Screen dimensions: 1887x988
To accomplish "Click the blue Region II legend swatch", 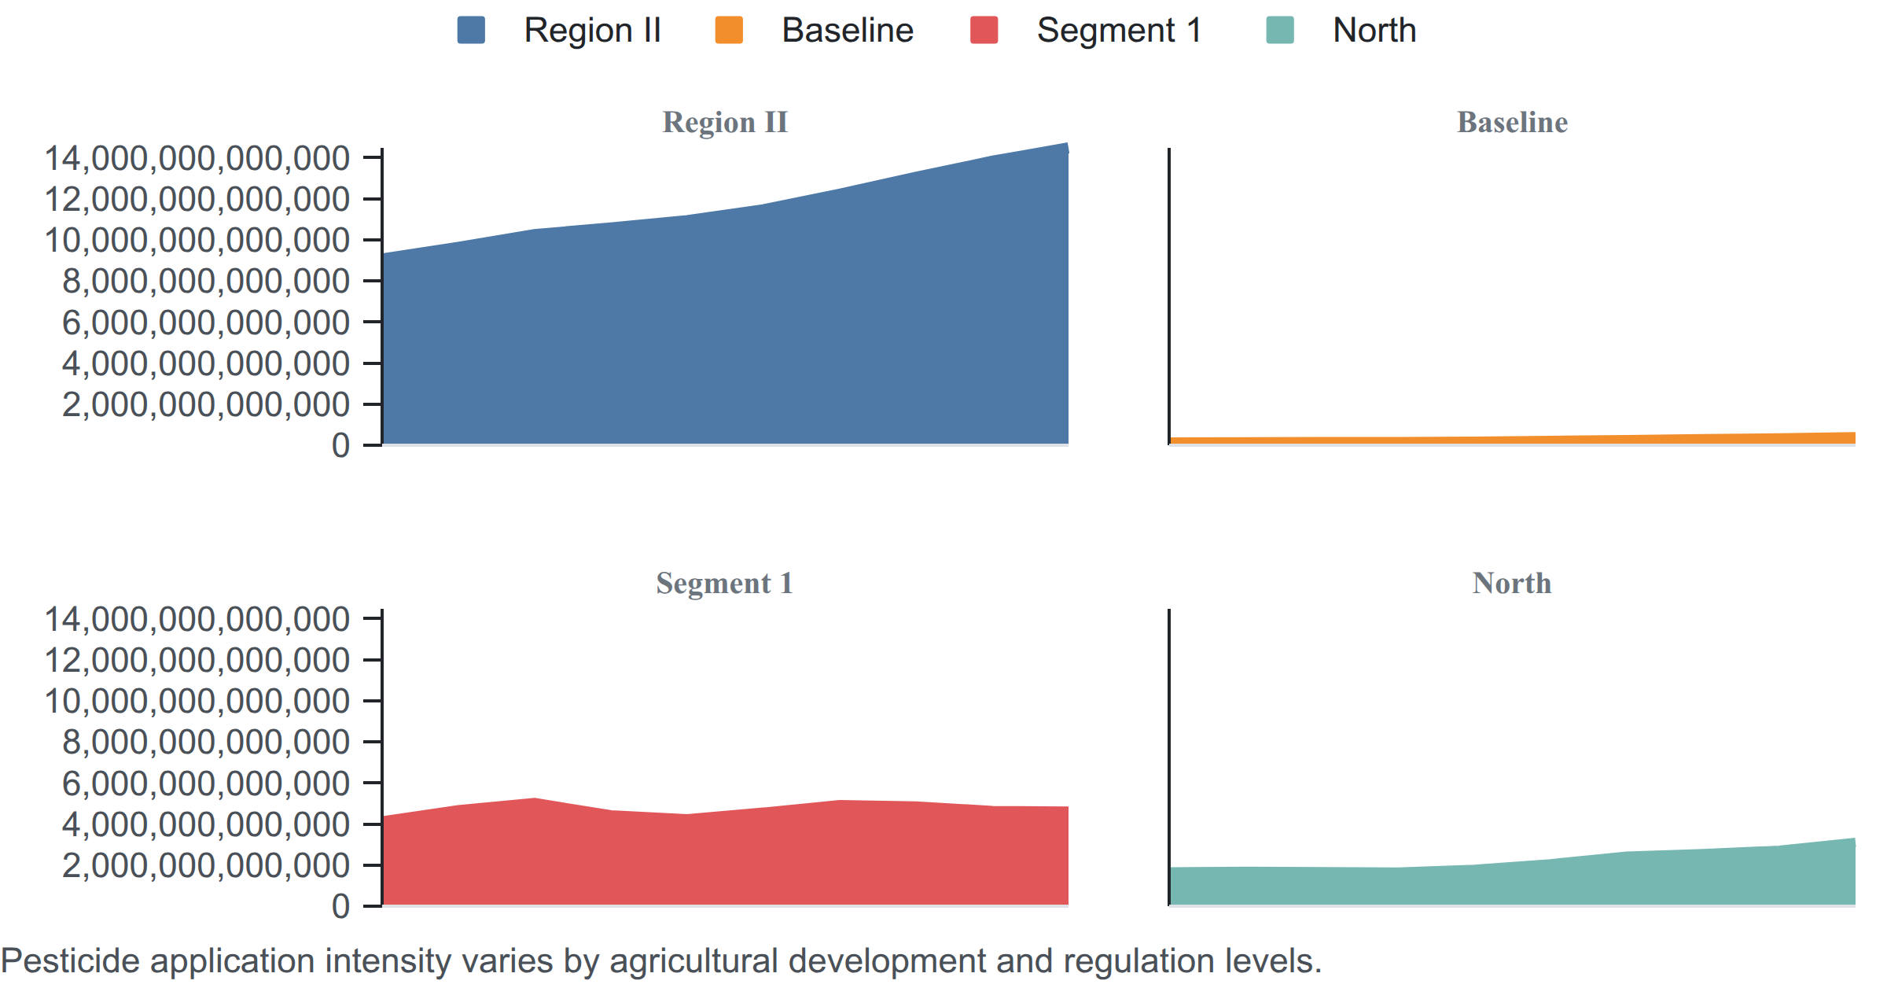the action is point(471,30).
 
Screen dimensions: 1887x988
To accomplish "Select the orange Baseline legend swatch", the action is point(729,30).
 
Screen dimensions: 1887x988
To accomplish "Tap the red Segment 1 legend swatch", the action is point(984,30).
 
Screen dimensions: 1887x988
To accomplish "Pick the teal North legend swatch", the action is point(1280,30).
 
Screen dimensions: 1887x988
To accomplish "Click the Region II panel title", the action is point(725,123).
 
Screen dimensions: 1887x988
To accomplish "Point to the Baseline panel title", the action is point(1512,123).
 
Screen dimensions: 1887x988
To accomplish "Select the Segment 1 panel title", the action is point(725,584).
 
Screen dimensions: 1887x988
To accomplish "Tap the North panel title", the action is point(1512,584).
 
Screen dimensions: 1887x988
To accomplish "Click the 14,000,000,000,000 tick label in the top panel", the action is point(197,158).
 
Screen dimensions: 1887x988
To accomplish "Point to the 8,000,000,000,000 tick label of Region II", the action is point(206,281).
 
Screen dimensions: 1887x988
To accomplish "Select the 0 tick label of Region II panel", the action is point(340,445).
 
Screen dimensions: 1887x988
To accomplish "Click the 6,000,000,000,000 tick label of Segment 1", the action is point(206,783).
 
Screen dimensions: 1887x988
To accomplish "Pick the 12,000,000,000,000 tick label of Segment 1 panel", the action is point(197,660).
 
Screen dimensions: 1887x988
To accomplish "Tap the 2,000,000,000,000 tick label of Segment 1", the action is point(206,865).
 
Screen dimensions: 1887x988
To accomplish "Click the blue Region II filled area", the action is point(725,330).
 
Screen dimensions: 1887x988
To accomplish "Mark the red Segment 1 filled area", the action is point(725,857).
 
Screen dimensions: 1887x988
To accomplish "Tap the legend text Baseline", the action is point(848,31).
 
